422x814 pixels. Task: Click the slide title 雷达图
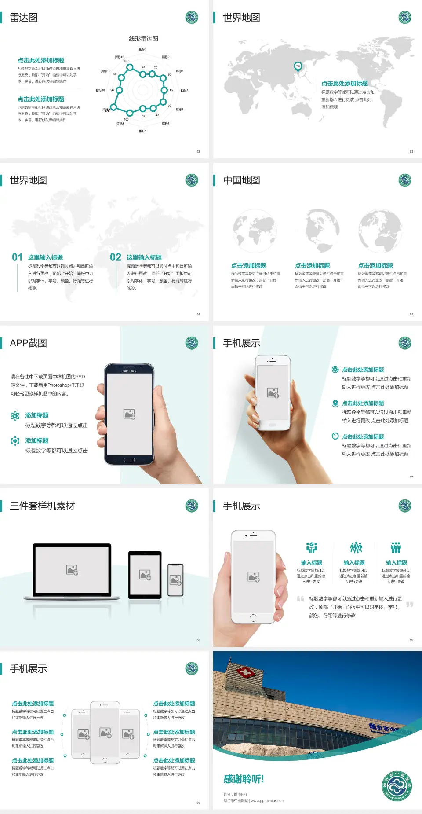coord(24,18)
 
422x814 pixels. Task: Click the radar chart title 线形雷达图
coord(143,39)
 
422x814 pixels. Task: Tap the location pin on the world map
coord(298,66)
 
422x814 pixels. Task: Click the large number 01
coord(17,257)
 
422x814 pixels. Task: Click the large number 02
coord(116,257)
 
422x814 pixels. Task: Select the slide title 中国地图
coord(241,180)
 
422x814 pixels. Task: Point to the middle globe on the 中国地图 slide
coord(322,230)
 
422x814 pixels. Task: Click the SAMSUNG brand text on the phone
coord(129,371)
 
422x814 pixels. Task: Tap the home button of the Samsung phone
coord(129,460)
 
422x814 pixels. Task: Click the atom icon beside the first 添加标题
coord(15,416)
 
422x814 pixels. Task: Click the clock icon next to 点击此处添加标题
coord(335,436)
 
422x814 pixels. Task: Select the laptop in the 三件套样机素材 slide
coord(72,571)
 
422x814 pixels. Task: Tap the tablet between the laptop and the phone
coord(145,575)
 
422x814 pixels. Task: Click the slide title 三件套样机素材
coord(42,506)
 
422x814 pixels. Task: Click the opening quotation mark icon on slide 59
coord(300,599)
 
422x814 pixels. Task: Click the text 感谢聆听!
coord(244,779)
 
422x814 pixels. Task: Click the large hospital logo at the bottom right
coord(397,786)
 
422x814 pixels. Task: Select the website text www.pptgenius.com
coord(268,801)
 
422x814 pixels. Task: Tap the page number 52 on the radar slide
coord(198,151)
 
